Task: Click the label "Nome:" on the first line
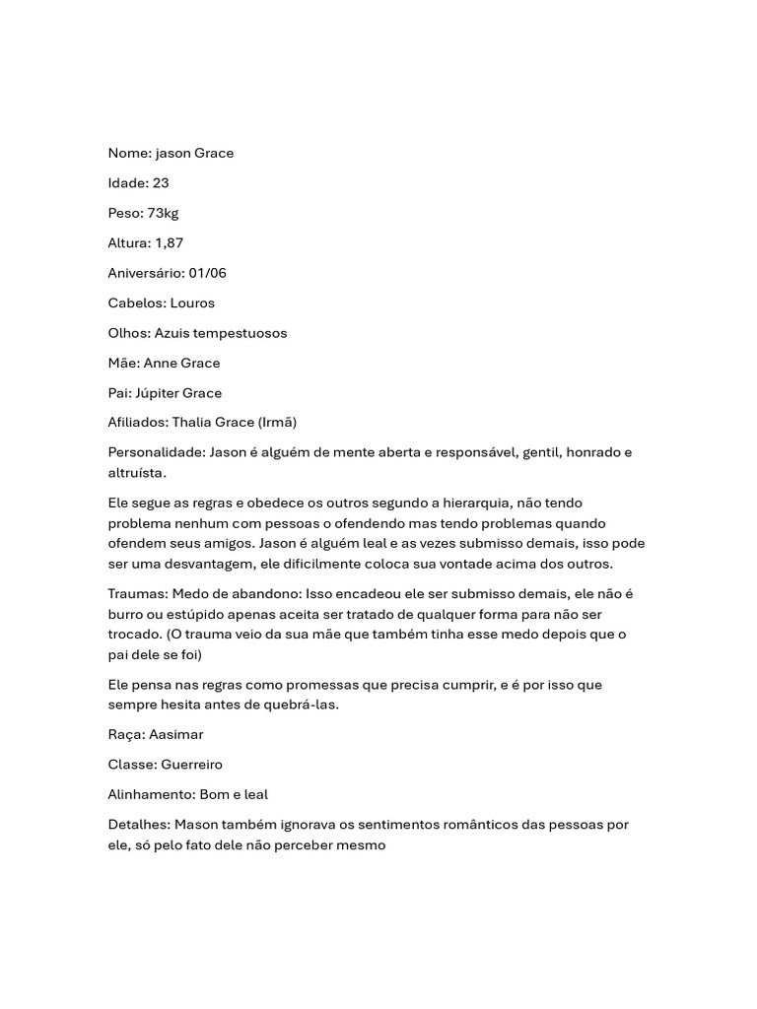[x=129, y=153]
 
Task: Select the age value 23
[x=161, y=183]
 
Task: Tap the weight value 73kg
[x=163, y=213]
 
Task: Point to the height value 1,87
[x=169, y=242]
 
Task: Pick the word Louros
[x=192, y=303]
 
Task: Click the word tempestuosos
[x=241, y=333]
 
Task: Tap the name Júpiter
[x=158, y=393]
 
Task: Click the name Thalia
[x=193, y=423]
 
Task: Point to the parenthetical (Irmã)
[x=277, y=423]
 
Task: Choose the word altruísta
[x=137, y=473]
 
